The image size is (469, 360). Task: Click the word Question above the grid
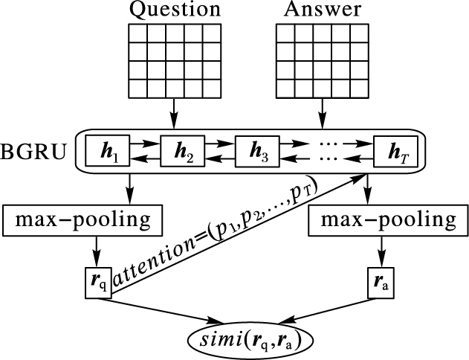(x=175, y=10)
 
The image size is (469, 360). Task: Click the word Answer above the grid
(x=323, y=9)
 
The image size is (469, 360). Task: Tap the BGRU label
(x=33, y=152)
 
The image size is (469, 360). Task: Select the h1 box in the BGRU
(x=107, y=150)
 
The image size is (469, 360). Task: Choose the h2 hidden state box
(x=182, y=150)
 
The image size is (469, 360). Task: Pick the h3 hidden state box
(x=257, y=150)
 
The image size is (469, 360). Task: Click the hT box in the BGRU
(x=395, y=150)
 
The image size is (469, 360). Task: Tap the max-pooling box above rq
(x=83, y=221)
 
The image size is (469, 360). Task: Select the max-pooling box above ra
(x=388, y=221)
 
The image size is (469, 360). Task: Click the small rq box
(x=98, y=283)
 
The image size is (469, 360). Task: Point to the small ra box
(x=381, y=283)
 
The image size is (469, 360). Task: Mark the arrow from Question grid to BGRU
(x=174, y=113)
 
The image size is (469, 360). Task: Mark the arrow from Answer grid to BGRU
(x=322, y=113)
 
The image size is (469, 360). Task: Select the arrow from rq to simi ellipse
(x=161, y=311)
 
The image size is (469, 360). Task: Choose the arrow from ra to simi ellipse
(x=326, y=311)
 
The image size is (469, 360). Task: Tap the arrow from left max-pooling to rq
(x=97, y=251)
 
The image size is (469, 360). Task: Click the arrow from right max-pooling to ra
(x=381, y=251)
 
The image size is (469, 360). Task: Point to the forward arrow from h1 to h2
(x=145, y=144)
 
